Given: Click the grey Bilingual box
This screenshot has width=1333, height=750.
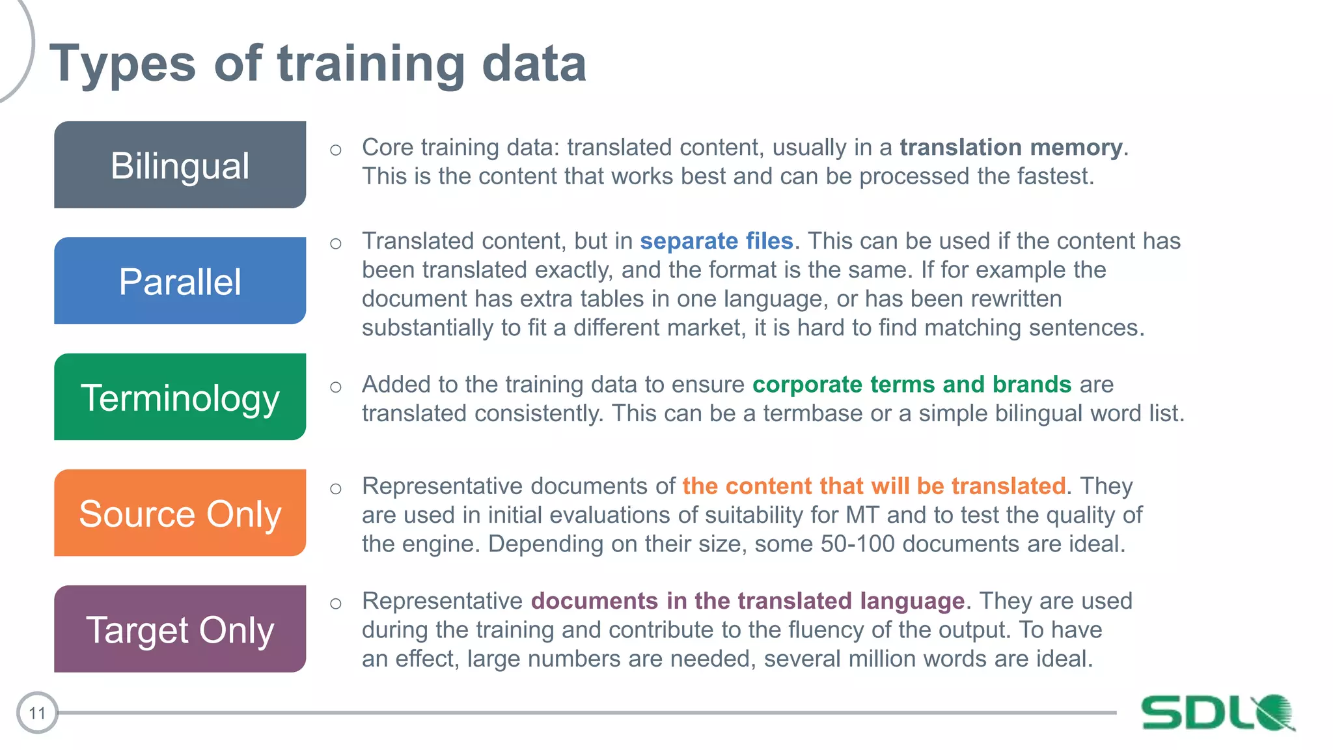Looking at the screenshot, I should tap(180, 165).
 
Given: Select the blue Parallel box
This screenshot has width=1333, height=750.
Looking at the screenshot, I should tap(180, 281).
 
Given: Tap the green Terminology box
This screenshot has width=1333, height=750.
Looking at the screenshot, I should tap(180, 397).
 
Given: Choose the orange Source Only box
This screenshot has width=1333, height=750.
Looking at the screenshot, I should tap(180, 513).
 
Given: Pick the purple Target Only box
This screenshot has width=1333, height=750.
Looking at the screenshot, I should tap(180, 629).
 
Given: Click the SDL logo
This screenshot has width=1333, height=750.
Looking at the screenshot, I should tap(1217, 712).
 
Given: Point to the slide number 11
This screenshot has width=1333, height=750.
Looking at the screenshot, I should tap(37, 713).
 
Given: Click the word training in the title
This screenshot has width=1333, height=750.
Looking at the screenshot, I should tap(370, 64).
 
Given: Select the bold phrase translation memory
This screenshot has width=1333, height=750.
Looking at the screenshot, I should tap(1011, 147).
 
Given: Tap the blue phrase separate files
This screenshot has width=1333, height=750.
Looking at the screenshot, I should tap(716, 241).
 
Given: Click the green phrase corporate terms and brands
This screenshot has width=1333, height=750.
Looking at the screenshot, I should tap(911, 384).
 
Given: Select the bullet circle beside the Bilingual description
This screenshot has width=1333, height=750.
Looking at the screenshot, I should tap(336, 150).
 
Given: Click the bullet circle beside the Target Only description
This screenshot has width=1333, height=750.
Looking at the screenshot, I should tap(336, 604).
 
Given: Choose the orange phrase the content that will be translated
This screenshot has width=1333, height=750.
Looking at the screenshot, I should tap(873, 486).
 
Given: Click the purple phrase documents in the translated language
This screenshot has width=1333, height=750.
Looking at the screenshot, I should tap(747, 601).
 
